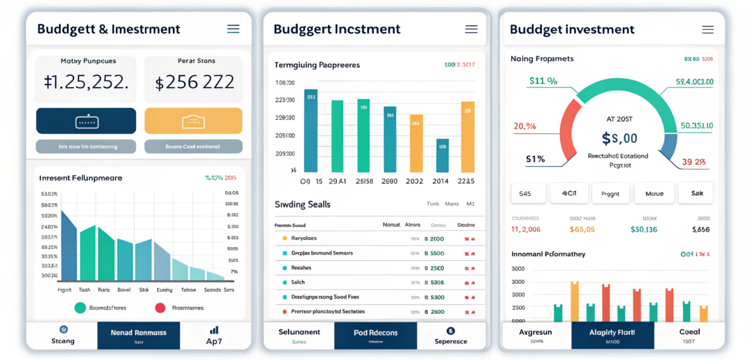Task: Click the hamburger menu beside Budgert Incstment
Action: tap(471, 29)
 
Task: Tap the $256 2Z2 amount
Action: tap(194, 83)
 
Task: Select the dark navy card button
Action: tap(86, 121)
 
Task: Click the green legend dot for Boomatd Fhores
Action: tap(80, 308)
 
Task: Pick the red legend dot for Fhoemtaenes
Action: tap(160, 308)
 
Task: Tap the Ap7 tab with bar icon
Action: tap(214, 336)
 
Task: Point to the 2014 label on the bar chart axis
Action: tap(440, 181)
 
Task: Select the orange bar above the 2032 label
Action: tap(416, 143)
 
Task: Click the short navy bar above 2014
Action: tap(442, 155)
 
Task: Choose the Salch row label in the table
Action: tap(299, 283)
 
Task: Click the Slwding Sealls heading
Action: tap(303, 204)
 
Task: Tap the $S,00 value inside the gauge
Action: tap(619, 138)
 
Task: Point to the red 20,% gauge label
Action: tap(525, 126)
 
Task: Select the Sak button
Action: tap(696, 193)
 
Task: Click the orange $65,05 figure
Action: tap(582, 229)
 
